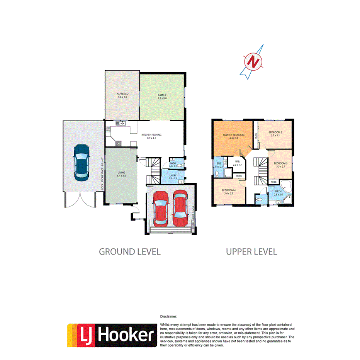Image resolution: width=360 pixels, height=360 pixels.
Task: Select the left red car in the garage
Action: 161,209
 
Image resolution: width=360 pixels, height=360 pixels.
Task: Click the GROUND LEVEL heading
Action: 130,251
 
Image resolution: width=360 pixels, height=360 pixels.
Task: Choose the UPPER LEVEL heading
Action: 251,251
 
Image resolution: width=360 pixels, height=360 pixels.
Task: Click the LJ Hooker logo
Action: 112,335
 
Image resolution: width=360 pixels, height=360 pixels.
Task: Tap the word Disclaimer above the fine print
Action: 168,316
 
